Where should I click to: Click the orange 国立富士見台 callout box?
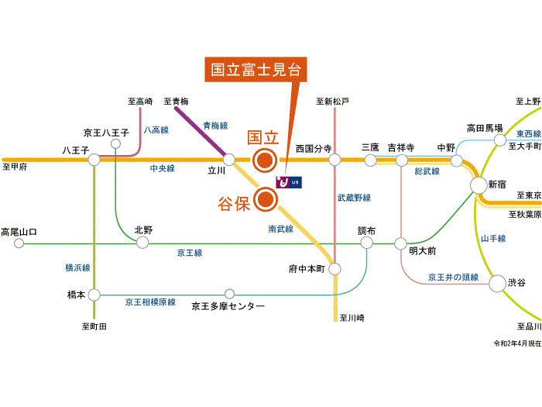(256, 70)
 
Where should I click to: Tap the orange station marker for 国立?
(265, 160)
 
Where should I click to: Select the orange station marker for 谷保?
(266, 199)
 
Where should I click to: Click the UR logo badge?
(289, 182)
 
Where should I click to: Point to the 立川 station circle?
(229, 160)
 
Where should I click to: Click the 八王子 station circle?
(94, 160)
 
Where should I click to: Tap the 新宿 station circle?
(479, 185)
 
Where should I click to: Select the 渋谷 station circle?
(497, 283)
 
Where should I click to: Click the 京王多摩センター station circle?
(229, 294)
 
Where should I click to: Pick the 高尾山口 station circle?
(19, 243)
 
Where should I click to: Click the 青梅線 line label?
(215, 126)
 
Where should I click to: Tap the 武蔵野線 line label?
(355, 198)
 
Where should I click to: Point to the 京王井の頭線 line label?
(453, 277)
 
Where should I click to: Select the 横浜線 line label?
(77, 267)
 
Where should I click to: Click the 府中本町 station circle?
(334, 269)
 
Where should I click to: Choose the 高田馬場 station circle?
(500, 140)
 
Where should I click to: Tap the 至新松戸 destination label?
(332, 102)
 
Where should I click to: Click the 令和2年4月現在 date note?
(517, 343)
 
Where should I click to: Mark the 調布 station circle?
(366, 243)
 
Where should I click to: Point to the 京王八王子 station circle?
(116, 143)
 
